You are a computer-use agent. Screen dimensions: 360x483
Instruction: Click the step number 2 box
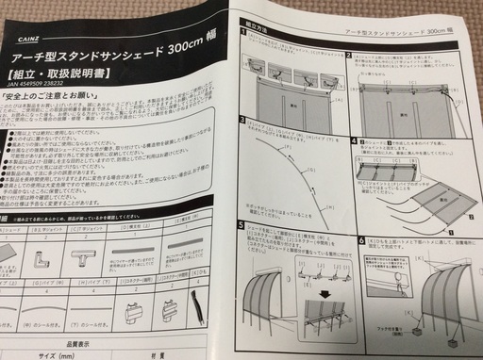(x=347, y=55)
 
